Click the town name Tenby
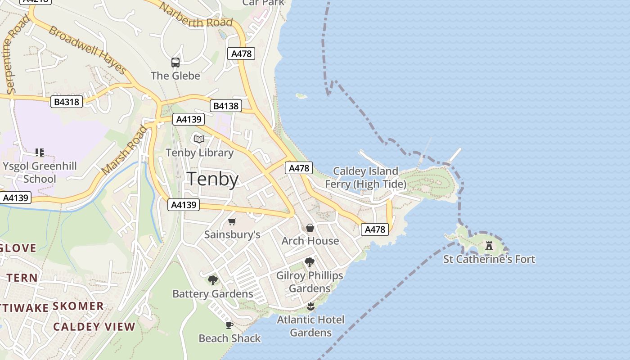(212, 179)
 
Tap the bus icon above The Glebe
(175, 63)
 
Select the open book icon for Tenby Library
(199, 139)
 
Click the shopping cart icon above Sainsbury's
(232, 221)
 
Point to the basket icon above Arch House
(310, 228)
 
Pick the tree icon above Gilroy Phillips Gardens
(309, 262)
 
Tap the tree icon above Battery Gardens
(213, 280)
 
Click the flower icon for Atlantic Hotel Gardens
(310, 307)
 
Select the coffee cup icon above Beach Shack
(229, 325)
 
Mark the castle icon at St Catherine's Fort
(489, 246)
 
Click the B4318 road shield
(67, 102)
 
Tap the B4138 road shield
(226, 106)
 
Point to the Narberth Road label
(197, 16)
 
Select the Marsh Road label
(124, 150)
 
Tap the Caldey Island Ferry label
(365, 177)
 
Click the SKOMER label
(78, 306)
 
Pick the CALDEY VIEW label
(94, 327)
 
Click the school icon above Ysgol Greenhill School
(40, 153)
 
